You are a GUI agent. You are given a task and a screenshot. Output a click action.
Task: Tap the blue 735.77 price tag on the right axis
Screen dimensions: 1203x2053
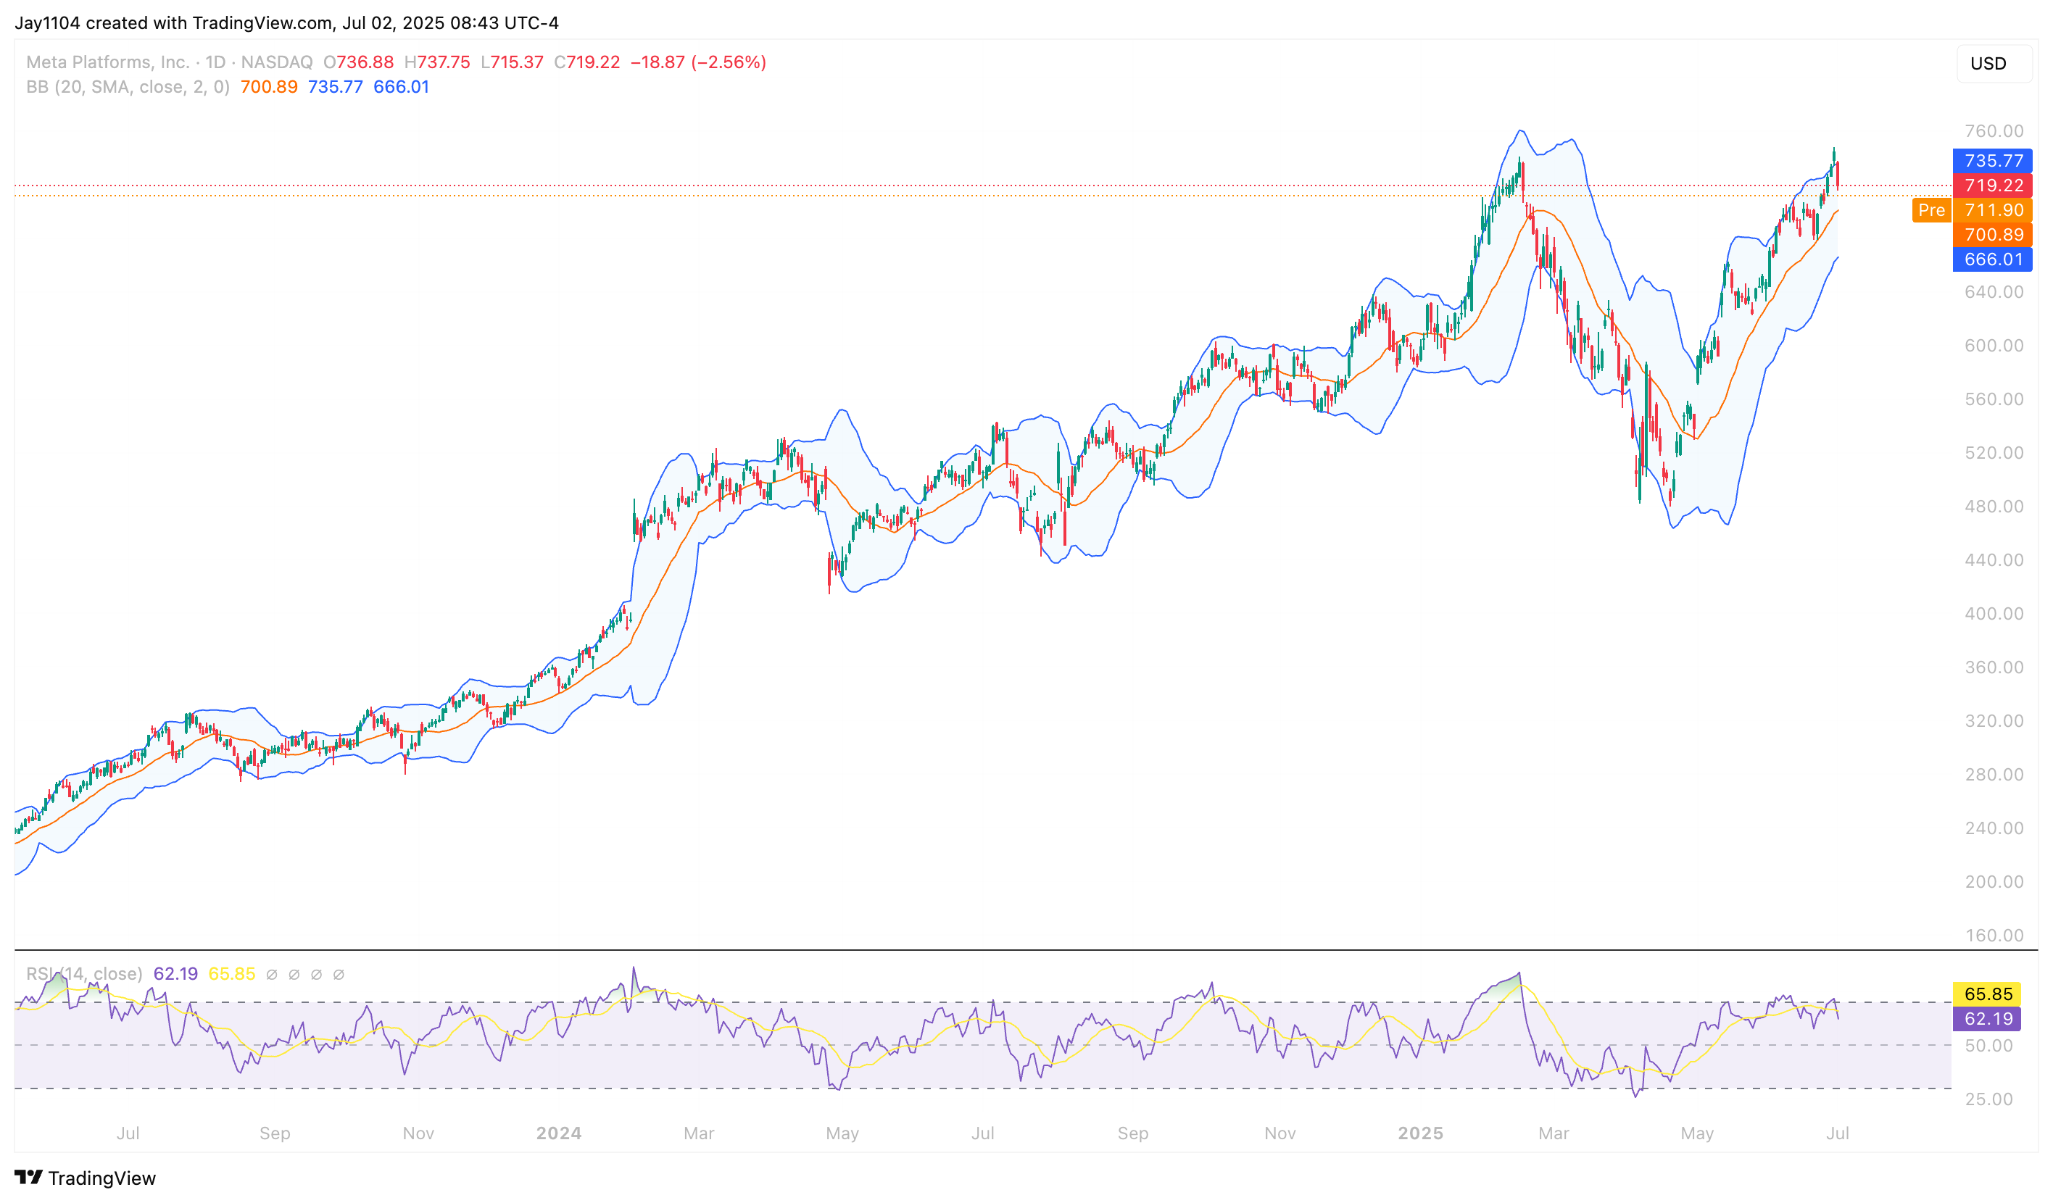tap(1992, 160)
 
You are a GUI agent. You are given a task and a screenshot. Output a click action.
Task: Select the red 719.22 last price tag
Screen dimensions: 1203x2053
tap(1992, 186)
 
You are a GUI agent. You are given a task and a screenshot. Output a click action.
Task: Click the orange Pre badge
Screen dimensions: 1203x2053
tap(1930, 210)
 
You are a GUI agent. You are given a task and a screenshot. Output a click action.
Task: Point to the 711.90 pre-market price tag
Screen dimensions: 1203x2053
tap(1992, 210)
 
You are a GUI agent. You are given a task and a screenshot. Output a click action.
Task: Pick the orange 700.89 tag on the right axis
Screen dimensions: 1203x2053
tap(1992, 235)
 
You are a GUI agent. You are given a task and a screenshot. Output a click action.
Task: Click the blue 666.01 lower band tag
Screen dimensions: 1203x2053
tap(1992, 259)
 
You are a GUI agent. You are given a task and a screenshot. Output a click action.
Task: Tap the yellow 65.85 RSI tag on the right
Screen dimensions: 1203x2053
tap(1987, 994)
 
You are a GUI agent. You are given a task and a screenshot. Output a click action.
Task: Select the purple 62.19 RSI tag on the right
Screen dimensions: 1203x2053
tap(1987, 1018)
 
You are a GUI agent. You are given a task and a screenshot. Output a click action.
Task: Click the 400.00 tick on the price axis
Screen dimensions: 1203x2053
tap(1993, 613)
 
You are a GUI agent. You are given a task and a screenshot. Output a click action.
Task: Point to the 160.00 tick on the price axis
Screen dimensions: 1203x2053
tap(1993, 935)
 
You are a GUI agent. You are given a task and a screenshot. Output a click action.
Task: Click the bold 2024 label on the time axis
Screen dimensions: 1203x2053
tap(558, 1133)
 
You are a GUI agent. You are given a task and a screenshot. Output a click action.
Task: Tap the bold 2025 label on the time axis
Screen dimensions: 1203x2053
tap(1420, 1133)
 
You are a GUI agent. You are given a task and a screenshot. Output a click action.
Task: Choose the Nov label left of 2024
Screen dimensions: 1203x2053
tap(418, 1133)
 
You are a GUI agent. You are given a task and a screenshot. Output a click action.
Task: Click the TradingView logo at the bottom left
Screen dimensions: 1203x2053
tap(86, 1178)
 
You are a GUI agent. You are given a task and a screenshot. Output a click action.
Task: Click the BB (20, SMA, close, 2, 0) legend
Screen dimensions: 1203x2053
tap(128, 86)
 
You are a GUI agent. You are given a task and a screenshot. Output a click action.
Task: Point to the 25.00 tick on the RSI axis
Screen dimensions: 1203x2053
tap(1988, 1099)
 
